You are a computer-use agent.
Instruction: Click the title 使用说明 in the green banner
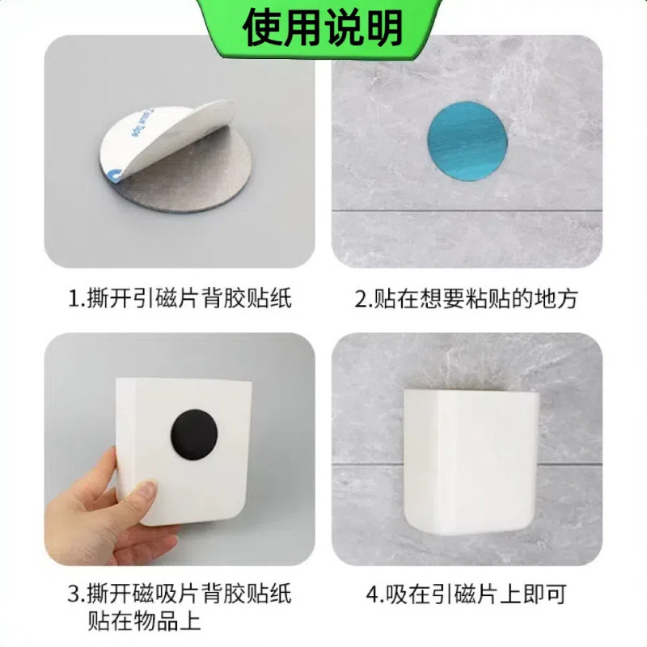323,27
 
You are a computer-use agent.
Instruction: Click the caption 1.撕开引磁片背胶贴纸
179,300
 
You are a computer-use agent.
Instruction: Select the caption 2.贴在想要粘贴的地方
467,300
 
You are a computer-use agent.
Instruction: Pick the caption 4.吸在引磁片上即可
467,595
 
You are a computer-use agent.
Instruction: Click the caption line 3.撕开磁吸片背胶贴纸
179,595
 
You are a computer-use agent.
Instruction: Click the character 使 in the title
262,27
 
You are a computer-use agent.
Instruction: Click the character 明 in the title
383,27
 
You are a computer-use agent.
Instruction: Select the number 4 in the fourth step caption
372,596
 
